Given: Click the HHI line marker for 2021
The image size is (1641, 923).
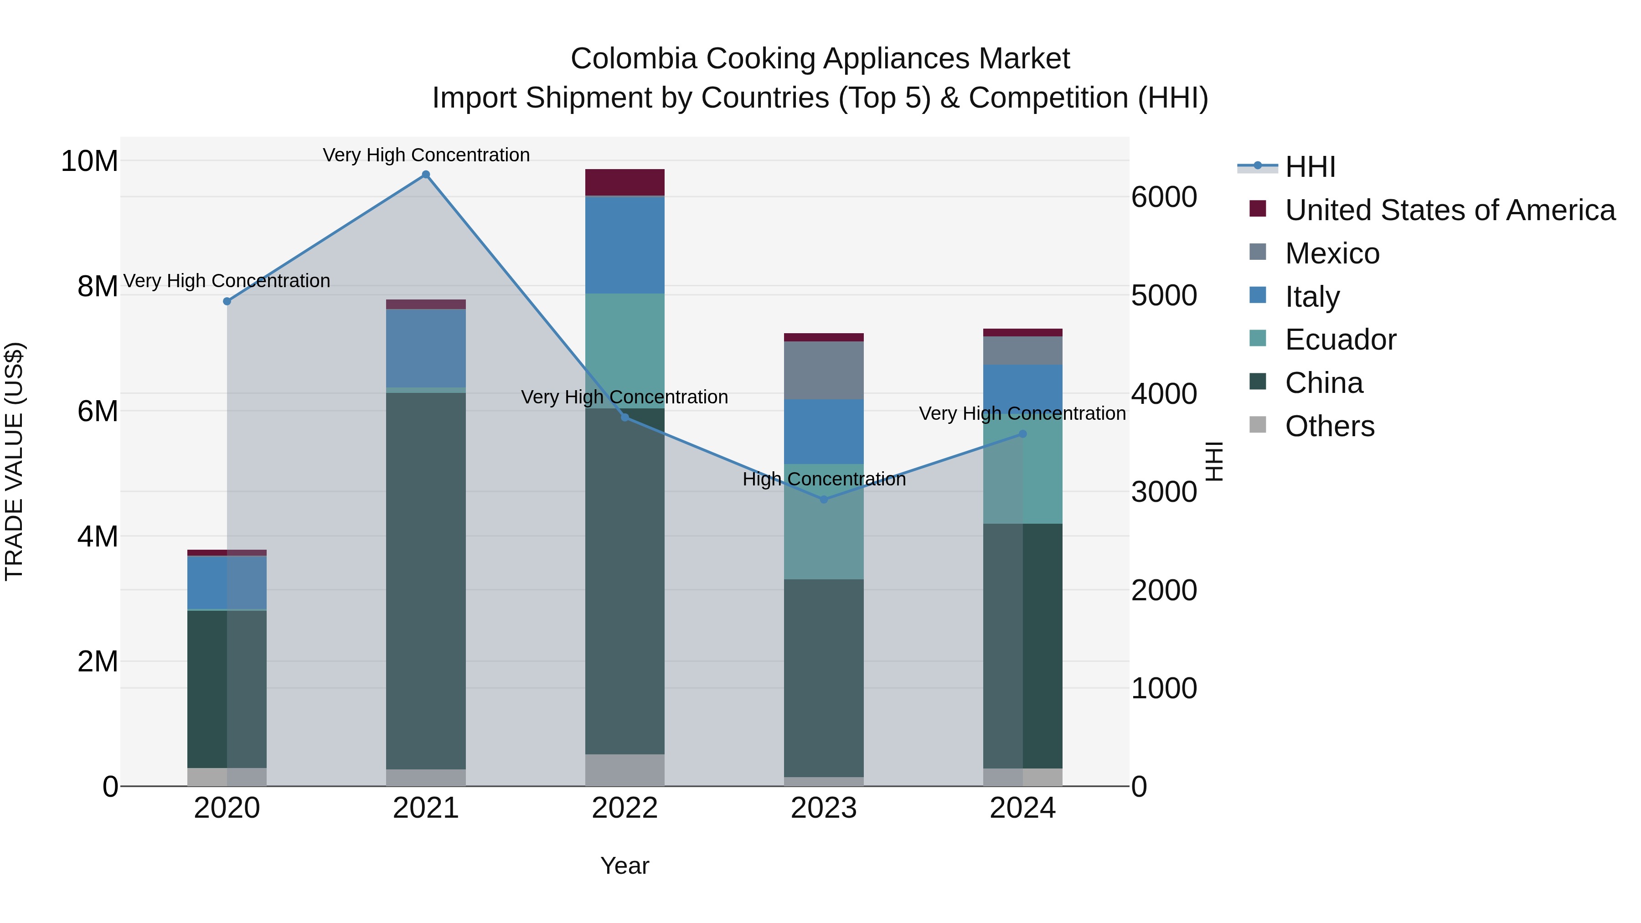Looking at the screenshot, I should click(426, 175).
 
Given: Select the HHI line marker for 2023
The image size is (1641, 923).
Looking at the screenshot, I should click(824, 500).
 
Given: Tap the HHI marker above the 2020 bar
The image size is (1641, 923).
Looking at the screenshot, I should click(227, 301).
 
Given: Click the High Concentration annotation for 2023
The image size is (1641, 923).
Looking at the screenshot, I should click(824, 479).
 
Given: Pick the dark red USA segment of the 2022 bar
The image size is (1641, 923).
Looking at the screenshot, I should click(624, 182).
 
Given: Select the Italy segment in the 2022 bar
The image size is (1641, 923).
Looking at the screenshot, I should click(624, 245).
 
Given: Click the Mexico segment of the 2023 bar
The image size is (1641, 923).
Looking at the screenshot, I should click(824, 370).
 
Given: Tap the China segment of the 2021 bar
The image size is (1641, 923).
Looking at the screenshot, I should click(426, 580).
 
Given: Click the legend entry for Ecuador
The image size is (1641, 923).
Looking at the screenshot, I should click(1340, 340).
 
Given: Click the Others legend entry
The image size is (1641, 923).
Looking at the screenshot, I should click(1330, 426).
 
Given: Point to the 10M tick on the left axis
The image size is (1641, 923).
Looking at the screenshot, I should click(89, 161).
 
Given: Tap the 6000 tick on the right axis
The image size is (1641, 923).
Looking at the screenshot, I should click(1164, 197).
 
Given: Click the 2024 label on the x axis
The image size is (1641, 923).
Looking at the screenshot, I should click(1022, 808).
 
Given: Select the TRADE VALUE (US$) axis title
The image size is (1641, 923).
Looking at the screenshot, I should click(14, 461).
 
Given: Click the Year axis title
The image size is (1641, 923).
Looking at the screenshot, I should click(624, 866).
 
